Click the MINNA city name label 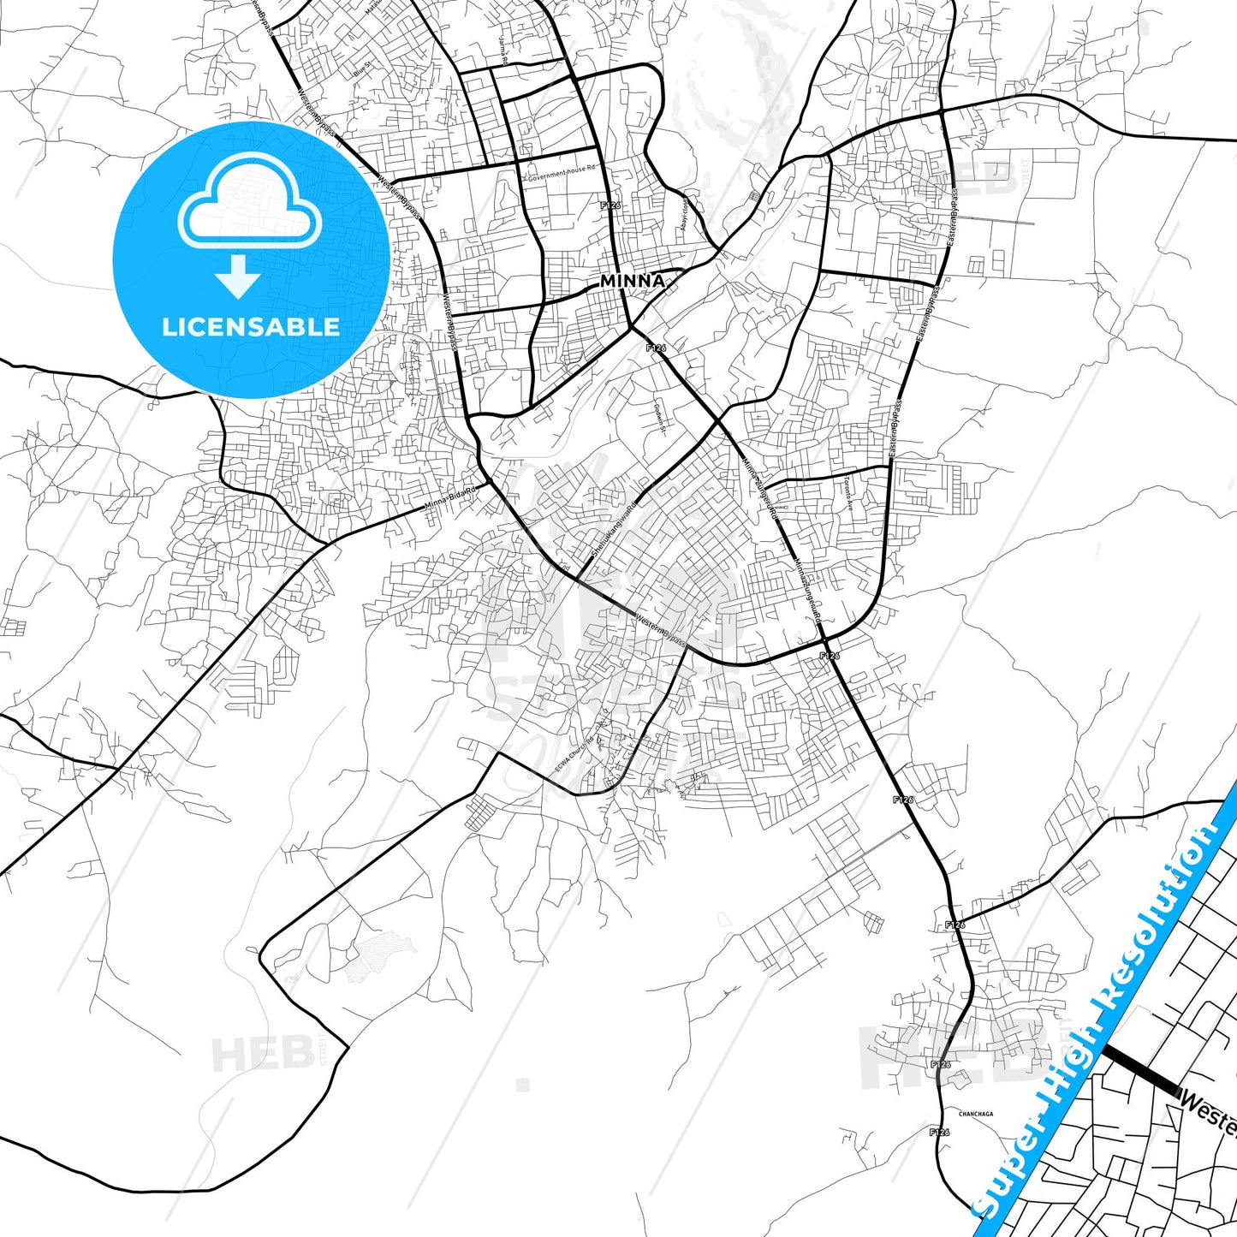(632, 281)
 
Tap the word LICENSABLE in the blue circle (251, 327)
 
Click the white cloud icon (249, 202)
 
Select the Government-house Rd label (561, 169)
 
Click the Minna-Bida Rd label (450, 501)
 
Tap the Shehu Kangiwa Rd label (609, 527)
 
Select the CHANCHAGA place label (976, 1114)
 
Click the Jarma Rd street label (503, 51)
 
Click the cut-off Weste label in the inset (1207, 1108)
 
